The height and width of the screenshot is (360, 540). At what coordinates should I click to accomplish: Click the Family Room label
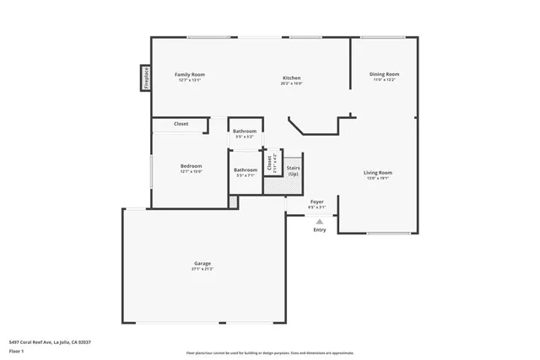pyautogui.click(x=190, y=74)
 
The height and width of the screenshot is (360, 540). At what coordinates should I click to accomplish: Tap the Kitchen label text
pyautogui.click(x=292, y=78)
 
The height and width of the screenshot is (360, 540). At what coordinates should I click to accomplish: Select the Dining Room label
pyautogui.click(x=384, y=74)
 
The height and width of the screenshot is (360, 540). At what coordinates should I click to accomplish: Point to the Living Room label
pyautogui.click(x=378, y=173)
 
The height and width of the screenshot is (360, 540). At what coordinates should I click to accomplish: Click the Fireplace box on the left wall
pyautogui.click(x=146, y=78)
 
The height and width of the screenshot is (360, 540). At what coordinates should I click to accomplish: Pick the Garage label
pyautogui.click(x=202, y=263)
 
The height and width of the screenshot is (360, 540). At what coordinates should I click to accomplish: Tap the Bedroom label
pyautogui.click(x=191, y=166)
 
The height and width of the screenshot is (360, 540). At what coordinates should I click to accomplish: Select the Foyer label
pyautogui.click(x=317, y=202)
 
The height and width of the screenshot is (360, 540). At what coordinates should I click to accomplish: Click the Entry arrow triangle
pyautogui.click(x=319, y=222)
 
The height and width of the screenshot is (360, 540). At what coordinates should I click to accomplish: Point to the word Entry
pyautogui.click(x=319, y=230)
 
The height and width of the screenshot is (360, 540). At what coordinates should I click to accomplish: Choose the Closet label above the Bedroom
pyautogui.click(x=181, y=124)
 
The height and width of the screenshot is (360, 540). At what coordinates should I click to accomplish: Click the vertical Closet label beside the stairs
pyautogui.click(x=269, y=163)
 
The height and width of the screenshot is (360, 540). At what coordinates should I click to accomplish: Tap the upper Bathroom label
pyautogui.click(x=245, y=131)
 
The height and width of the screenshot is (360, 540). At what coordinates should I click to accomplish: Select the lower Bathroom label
pyautogui.click(x=245, y=169)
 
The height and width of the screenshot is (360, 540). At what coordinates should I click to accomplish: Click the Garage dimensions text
pyautogui.click(x=202, y=269)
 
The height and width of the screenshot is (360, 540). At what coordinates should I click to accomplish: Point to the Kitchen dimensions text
pyautogui.click(x=292, y=83)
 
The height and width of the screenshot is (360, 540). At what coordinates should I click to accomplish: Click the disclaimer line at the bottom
pyautogui.click(x=270, y=352)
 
